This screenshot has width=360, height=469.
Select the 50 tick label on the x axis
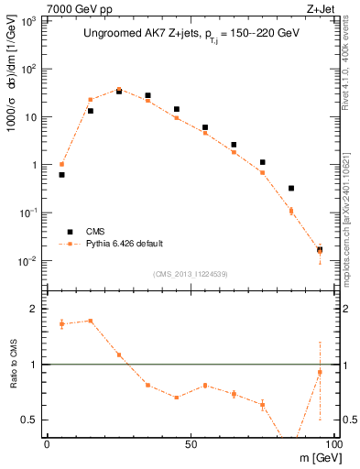coord(190,443)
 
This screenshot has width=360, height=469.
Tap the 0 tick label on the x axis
coord(47,443)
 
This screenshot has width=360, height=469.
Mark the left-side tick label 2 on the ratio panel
coord(36,309)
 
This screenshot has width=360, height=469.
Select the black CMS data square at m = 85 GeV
coord(291,188)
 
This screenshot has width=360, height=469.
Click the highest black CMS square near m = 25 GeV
coord(119,91)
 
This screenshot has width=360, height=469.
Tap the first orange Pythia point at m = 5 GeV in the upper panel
coord(61,164)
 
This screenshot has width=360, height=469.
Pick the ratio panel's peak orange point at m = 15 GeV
coord(90,321)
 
